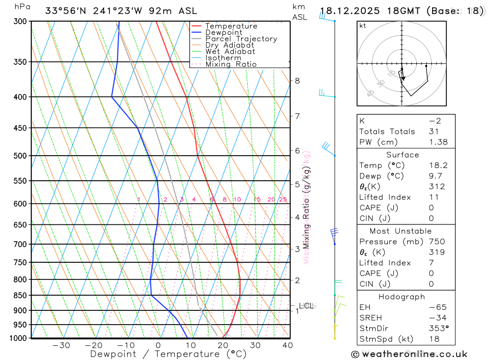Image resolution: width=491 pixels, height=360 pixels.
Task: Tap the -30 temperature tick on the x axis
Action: pyautogui.click(x=61, y=345)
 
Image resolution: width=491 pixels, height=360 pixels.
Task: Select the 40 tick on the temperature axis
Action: pyautogui.click(x=287, y=345)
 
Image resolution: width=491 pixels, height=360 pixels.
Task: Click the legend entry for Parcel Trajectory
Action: pyautogui.click(x=241, y=39)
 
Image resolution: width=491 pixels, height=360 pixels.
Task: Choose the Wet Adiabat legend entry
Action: pyautogui.click(x=230, y=52)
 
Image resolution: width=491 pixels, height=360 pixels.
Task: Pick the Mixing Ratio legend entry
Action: pyautogui.click(x=231, y=64)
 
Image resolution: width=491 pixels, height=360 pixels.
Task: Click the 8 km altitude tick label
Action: pyautogui.click(x=297, y=81)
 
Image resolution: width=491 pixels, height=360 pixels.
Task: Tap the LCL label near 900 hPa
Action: pyautogui.click(x=306, y=305)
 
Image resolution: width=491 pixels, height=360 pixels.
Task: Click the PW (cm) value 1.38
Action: pyautogui.click(x=436, y=142)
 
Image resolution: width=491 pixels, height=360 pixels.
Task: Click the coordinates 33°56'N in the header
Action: pyautogui.click(x=66, y=11)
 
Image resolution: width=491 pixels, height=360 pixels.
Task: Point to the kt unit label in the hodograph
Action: pyautogui.click(x=363, y=26)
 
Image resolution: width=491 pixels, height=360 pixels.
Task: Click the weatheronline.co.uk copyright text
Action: pyautogui.click(x=409, y=354)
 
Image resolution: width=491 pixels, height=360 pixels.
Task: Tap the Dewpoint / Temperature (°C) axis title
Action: pyautogui.click(x=168, y=354)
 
